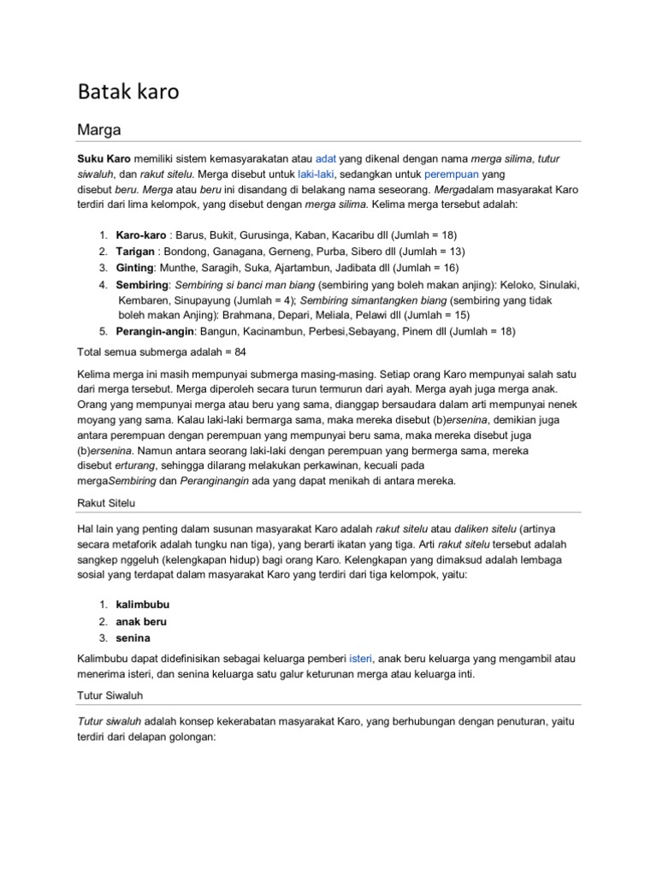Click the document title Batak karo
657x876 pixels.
[x=128, y=92]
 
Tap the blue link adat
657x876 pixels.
[x=326, y=160]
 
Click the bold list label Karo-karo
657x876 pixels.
[x=141, y=235]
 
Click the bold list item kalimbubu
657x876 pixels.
[x=143, y=605]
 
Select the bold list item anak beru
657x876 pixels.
[x=141, y=621]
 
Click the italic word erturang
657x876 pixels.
[x=139, y=465]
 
